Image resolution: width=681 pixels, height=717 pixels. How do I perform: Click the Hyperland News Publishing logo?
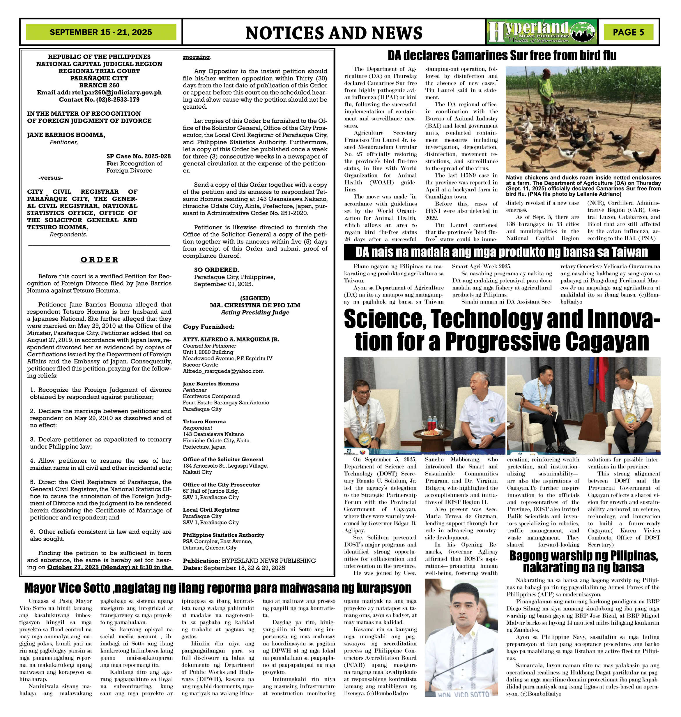542,32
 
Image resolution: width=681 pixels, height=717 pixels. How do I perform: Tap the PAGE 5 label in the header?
628,32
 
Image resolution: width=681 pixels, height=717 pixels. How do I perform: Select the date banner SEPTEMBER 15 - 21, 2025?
101,32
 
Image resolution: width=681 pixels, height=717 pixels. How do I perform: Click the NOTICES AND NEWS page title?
334,33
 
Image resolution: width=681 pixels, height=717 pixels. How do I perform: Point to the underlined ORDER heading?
100,260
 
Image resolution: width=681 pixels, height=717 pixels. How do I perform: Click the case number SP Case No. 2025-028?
138,156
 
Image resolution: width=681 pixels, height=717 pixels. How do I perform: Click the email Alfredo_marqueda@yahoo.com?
223,371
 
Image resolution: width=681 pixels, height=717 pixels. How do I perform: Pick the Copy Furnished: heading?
208,327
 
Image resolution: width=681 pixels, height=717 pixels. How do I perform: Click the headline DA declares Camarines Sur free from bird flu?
502,56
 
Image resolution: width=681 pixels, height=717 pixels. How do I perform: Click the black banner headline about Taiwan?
501,252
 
